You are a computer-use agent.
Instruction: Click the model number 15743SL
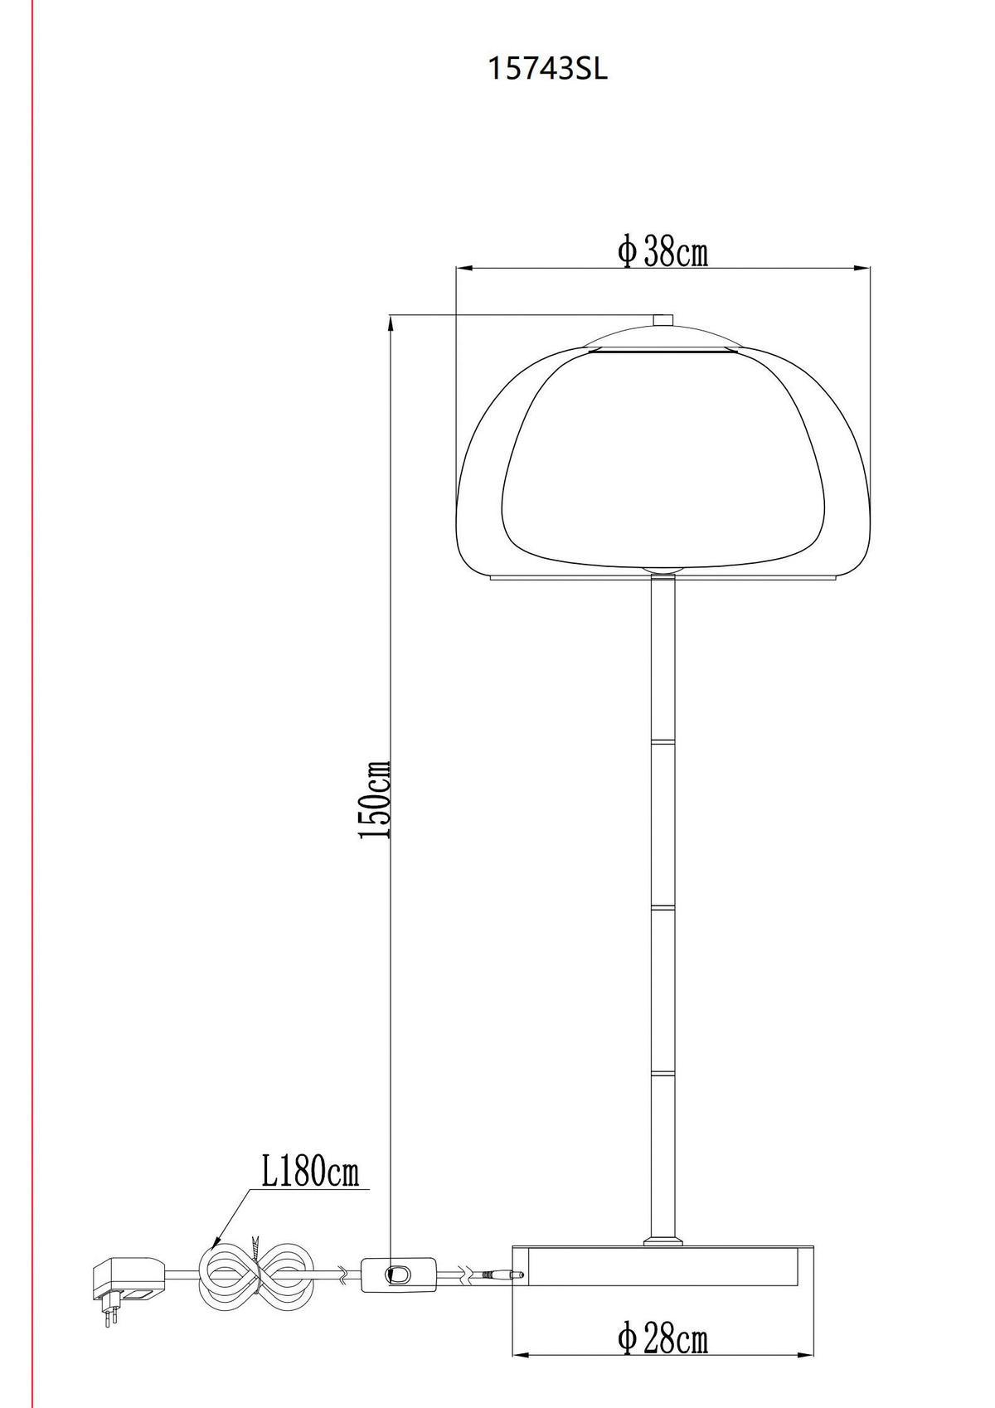(547, 70)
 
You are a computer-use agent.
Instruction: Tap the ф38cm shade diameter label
(663, 251)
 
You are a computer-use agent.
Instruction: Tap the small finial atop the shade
(663, 320)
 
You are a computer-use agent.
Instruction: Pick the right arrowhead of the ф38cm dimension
(864, 269)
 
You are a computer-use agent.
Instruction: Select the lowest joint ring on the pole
(663, 1074)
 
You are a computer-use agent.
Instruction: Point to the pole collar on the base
(663, 1240)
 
